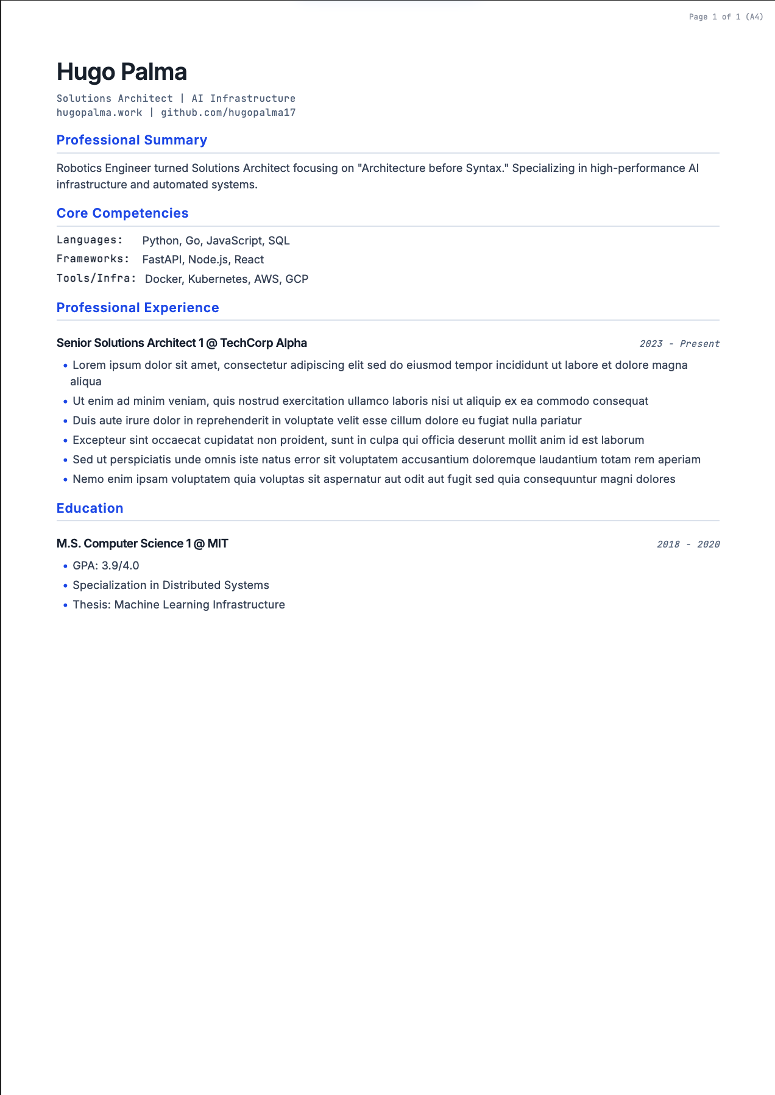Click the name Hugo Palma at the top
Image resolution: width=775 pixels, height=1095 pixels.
pyautogui.click(x=122, y=72)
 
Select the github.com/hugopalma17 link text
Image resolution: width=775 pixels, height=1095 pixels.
pyautogui.click(x=228, y=113)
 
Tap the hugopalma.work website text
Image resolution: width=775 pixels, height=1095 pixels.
pyautogui.click(x=99, y=113)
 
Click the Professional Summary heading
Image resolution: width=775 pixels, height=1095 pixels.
pyautogui.click(x=132, y=140)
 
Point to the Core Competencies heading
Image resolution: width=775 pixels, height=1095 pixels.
pyautogui.click(x=122, y=213)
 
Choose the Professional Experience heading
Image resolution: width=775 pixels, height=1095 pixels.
pyautogui.click(x=138, y=308)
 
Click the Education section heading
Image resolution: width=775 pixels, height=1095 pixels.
pyautogui.click(x=90, y=508)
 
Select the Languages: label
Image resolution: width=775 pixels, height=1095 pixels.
pyautogui.click(x=90, y=240)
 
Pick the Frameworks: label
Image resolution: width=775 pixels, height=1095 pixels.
pyautogui.click(x=93, y=259)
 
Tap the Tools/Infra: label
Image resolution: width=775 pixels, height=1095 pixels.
pyautogui.click(x=96, y=279)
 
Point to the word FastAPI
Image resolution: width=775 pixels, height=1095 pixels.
pyautogui.click(x=162, y=260)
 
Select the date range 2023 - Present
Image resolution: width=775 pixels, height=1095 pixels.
pyautogui.click(x=679, y=344)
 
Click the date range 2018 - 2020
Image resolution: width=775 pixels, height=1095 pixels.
pyautogui.click(x=688, y=544)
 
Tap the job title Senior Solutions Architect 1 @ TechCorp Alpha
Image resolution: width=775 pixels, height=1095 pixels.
pyautogui.click(x=182, y=343)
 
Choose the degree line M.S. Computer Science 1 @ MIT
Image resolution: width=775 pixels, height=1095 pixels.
pyautogui.click(x=142, y=544)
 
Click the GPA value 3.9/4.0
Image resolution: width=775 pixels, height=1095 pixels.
pyautogui.click(x=121, y=566)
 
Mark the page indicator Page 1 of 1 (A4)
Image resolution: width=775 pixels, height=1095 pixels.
pyautogui.click(x=726, y=17)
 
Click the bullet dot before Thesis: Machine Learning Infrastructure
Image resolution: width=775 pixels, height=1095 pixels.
pyautogui.click(x=65, y=605)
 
